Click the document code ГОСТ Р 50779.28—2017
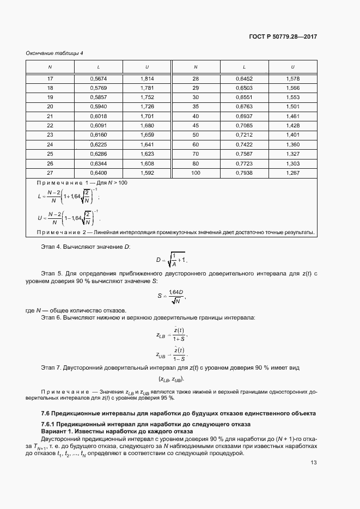pos(283,36)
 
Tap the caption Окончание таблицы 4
pos(54,53)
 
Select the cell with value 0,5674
pos(99,78)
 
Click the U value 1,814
pos(147,78)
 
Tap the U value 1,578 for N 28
pos(293,78)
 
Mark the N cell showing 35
pos(196,107)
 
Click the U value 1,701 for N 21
pos(147,116)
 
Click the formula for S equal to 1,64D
pos(172,297)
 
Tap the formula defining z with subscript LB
pos(171,334)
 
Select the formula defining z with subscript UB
pos(171,354)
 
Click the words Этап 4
pos(52,247)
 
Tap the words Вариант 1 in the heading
pos(56,431)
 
